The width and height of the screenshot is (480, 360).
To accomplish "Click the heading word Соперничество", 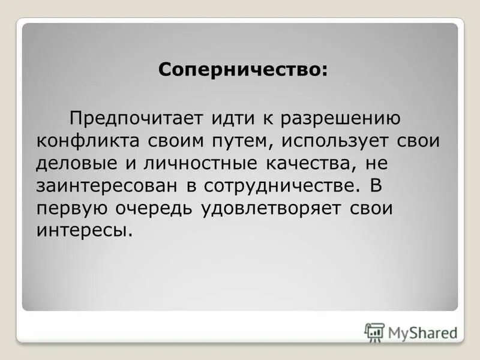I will click(x=242, y=70).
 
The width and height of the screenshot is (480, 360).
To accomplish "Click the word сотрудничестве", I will click(x=277, y=185).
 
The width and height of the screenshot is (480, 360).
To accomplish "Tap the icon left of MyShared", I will click(x=374, y=332).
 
